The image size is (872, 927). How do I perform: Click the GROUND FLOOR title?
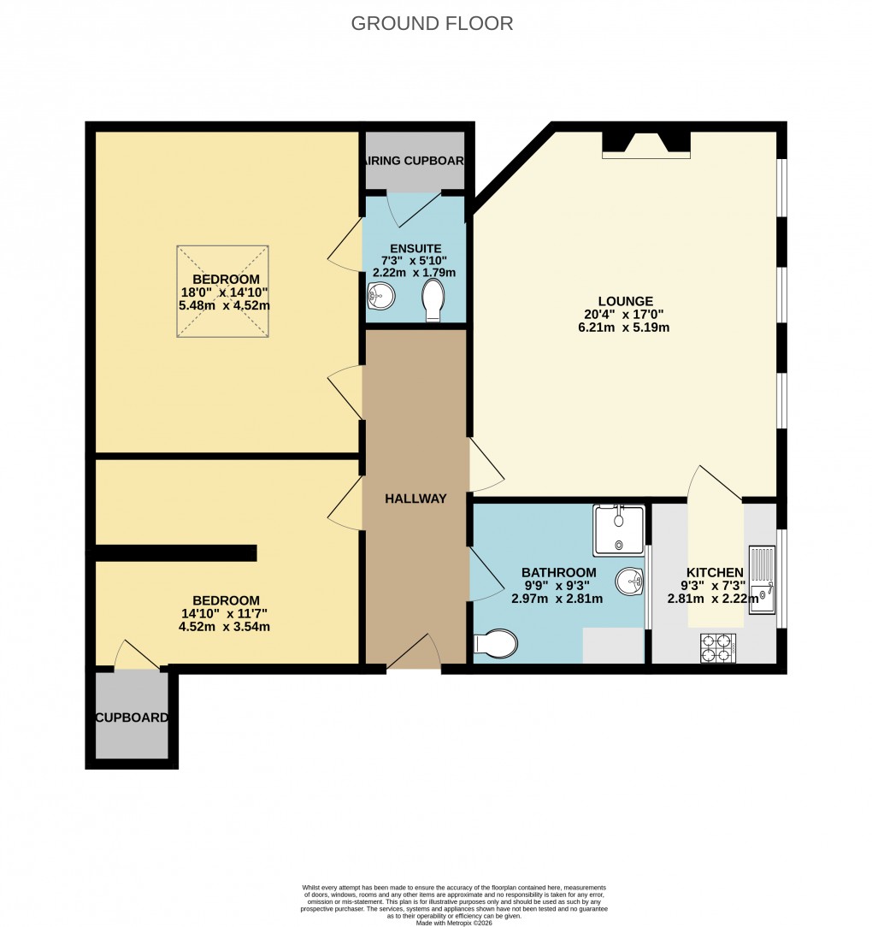pos(432,23)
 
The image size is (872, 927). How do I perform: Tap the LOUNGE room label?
pos(625,301)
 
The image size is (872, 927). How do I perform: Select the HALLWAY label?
pos(415,499)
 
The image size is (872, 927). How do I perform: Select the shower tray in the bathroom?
pos(619,529)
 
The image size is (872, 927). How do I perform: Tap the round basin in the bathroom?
pos(630,581)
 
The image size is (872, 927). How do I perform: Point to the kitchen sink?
pos(762,582)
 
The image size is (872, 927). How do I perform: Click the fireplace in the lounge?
pos(645,145)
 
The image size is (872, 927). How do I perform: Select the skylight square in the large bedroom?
pos(224,291)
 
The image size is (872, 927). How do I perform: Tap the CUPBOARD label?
pos(132,717)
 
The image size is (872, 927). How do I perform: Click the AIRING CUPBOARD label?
pos(415,161)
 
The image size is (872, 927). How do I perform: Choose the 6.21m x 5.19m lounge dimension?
pos(625,327)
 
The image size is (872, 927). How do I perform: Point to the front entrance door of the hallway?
pos(415,655)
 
